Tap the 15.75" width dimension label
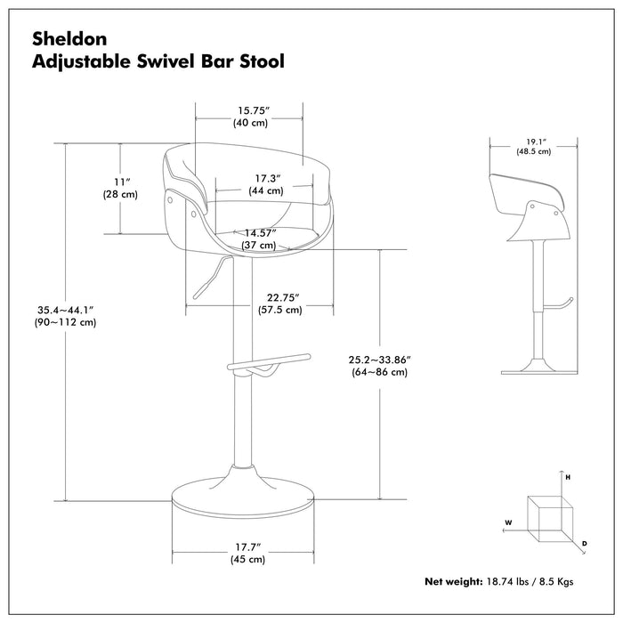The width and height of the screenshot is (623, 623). coord(249,110)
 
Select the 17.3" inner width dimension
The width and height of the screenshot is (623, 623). coord(266,179)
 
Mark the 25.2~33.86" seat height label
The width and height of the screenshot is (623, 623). coord(379,360)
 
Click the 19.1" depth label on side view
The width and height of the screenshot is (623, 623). coord(533,141)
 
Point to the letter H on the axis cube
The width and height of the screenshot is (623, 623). coord(567,477)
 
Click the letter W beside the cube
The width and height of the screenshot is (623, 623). coord(507,522)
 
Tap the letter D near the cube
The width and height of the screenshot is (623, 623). coord(584,542)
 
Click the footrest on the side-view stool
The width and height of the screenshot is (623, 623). coord(557,305)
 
